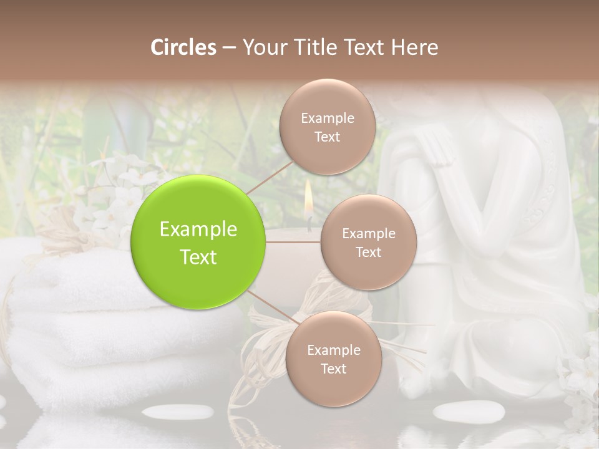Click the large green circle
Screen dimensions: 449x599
(x=198, y=242)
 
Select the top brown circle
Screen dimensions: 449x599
(x=327, y=127)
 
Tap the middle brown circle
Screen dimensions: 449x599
(x=368, y=242)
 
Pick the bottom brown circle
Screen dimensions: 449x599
(x=333, y=359)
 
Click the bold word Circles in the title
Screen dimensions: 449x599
(x=183, y=47)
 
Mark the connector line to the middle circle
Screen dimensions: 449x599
(x=293, y=243)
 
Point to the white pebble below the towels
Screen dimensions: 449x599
(x=178, y=412)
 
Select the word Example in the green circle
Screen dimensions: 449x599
(x=198, y=229)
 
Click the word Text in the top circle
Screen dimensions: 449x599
(x=327, y=137)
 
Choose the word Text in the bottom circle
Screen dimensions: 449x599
(x=333, y=369)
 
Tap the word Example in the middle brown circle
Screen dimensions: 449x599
(x=368, y=233)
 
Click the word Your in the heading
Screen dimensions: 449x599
(x=262, y=47)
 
